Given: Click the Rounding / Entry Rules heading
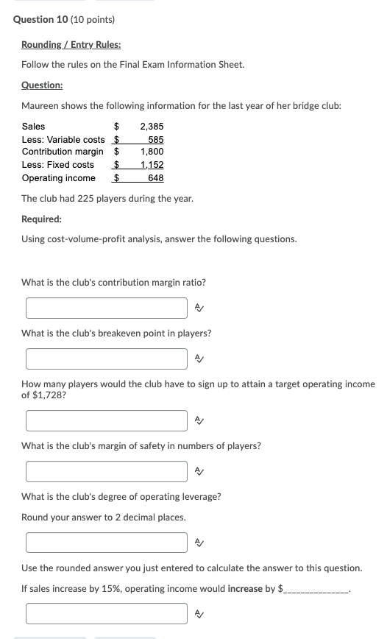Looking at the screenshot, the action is click(71, 45).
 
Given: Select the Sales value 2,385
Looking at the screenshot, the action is click(152, 127).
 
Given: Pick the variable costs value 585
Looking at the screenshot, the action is click(155, 140).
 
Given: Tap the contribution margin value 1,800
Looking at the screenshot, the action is click(152, 152).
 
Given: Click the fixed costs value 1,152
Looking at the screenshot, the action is click(152, 165).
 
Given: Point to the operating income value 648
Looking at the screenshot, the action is click(155, 178).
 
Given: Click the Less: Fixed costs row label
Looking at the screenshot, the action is click(57, 165).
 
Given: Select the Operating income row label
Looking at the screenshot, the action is click(58, 178).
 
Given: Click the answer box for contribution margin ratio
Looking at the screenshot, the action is click(107, 308).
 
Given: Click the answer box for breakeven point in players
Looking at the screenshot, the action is click(107, 359).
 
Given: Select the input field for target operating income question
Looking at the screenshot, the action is click(107, 420).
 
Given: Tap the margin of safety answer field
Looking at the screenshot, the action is click(107, 471).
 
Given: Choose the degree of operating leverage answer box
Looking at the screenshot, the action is click(107, 543).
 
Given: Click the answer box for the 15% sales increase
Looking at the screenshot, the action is click(107, 613).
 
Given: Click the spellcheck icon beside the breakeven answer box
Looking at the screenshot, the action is click(198, 359).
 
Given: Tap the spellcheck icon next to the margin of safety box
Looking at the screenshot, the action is click(198, 471).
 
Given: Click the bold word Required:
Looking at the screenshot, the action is click(41, 219).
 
